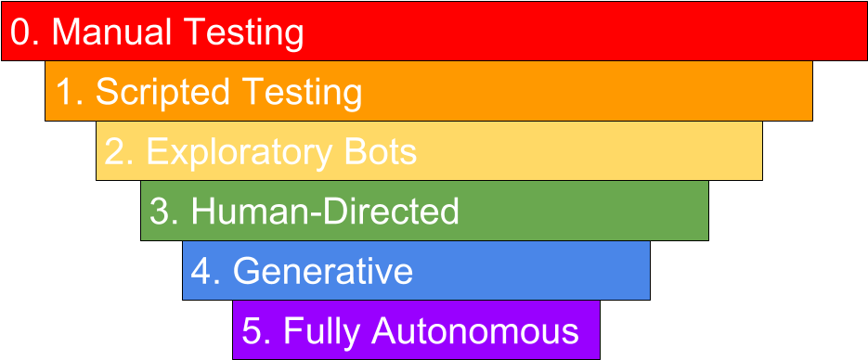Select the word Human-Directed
tap(325, 212)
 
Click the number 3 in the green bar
tap(159, 212)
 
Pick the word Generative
tap(322, 271)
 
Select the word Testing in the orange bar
tap(301, 92)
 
